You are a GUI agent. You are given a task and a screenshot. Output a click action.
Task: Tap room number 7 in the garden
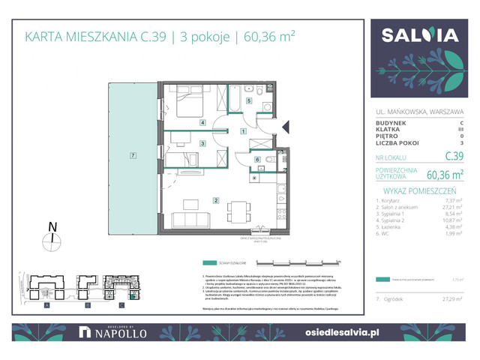133,155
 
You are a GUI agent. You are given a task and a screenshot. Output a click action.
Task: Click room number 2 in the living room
216,199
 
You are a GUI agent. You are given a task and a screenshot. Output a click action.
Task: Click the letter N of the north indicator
49,225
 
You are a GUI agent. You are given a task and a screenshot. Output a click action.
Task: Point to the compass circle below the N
49,241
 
